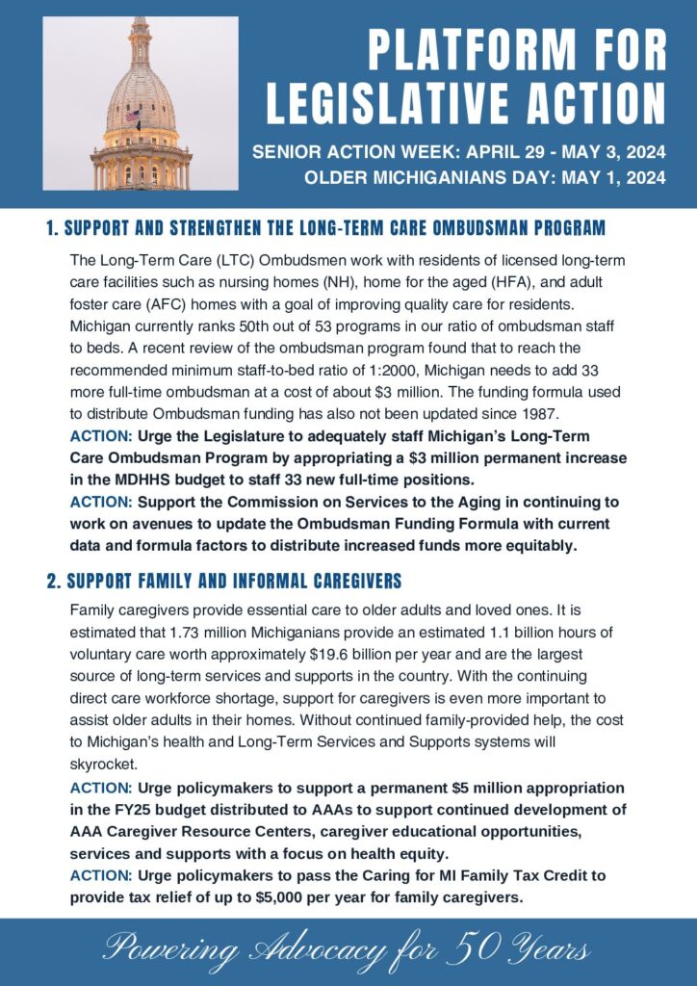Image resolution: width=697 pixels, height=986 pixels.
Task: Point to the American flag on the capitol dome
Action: click(x=133, y=116)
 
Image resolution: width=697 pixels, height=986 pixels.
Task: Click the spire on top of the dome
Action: click(x=142, y=29)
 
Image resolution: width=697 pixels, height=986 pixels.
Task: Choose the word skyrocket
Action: click(x=101, y=763)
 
